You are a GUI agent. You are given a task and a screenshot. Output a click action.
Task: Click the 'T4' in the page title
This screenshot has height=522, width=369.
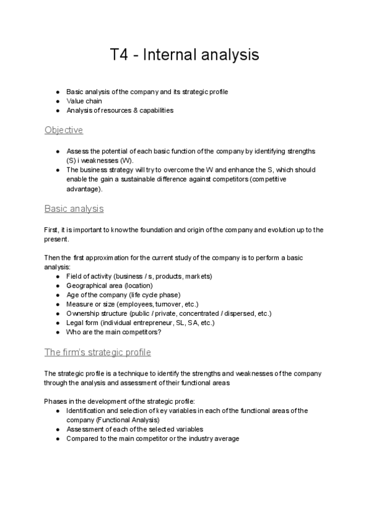pos(121,55)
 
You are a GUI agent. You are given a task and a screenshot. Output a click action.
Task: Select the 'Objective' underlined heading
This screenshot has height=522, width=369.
pos(63,130)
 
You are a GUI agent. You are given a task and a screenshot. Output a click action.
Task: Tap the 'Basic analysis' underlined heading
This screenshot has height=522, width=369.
pos(74,209)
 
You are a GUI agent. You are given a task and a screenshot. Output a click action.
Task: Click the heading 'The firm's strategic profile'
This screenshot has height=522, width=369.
pos(97,352)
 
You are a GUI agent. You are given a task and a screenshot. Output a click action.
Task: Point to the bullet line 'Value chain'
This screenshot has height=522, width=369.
pos(84,101)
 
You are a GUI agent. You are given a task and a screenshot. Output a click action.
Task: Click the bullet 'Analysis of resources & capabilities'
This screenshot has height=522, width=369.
pos(119,110)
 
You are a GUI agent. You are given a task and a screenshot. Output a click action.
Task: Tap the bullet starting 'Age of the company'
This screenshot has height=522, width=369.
pos(114,295)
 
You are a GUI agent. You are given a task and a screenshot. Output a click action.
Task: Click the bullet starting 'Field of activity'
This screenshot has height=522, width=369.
pos(139,276)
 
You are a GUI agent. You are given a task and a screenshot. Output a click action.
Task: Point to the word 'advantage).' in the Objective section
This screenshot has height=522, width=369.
pos(84,188)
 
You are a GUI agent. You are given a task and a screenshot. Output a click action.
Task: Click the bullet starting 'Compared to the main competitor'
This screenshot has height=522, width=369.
pos(153,438)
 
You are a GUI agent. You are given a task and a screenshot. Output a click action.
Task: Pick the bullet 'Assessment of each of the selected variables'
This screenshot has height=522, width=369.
pos(135,429)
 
